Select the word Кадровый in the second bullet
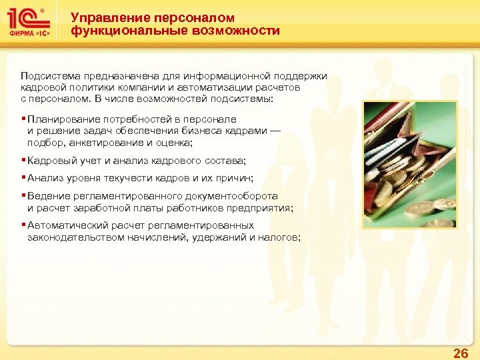click(x=49, y=161)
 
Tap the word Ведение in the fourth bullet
click(x=46, y=197)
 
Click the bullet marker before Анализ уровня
click(x=23, y=179)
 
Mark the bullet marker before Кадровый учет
click(x=23, y=161)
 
